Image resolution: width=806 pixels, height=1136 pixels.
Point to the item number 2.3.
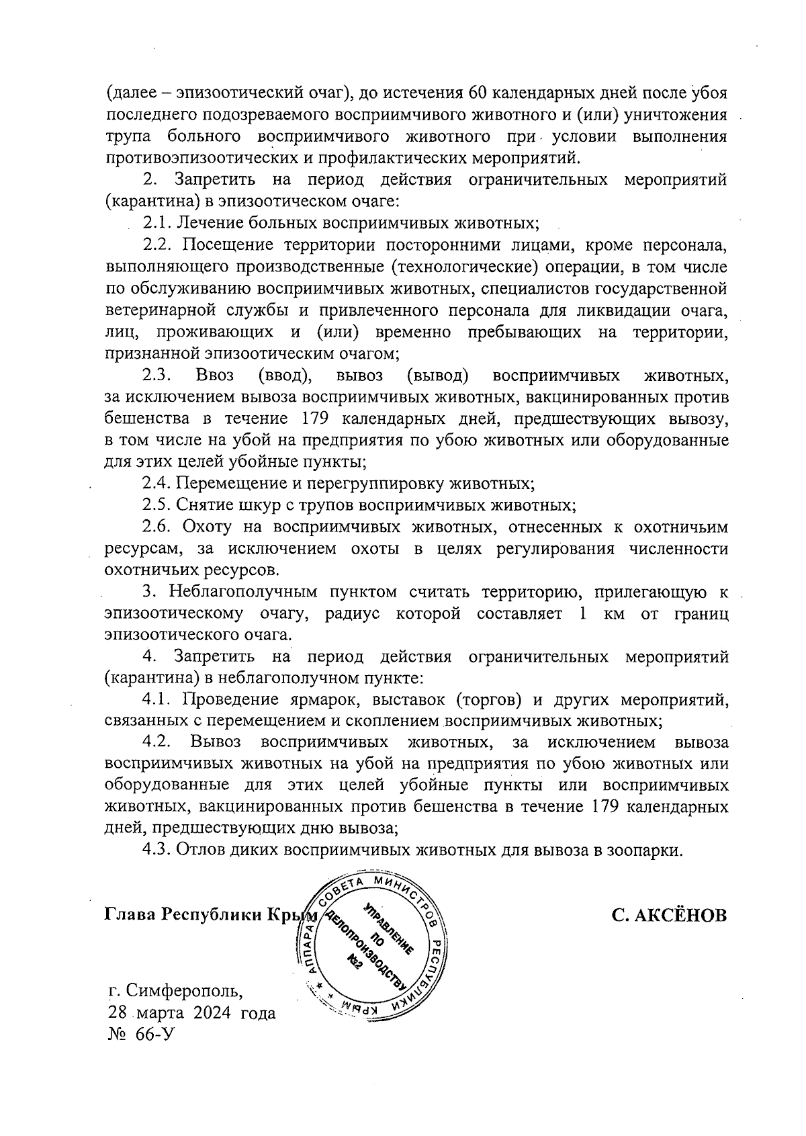[x=157, y=375]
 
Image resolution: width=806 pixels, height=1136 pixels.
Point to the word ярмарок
[x=314, y=700]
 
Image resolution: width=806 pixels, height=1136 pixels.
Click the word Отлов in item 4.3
[x=201, y=850]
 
